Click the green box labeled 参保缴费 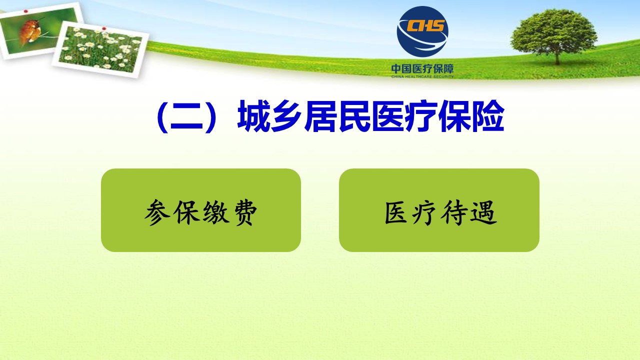coord(201,210)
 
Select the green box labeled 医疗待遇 coord(439,210)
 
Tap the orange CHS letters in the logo coord(425,25)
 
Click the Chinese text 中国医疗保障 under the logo coord(422,68)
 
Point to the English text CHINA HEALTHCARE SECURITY coord(422,76)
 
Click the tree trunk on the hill coord(557,58)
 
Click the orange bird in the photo coord(30,31)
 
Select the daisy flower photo coord(100,49)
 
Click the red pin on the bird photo coord(26,11)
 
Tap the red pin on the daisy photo coord(104,28)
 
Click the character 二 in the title coord(186,116)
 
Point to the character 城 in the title coord(253,116)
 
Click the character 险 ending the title coord(488,116)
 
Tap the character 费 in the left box coord(245,212)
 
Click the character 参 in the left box coord(157,212)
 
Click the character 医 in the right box coord(396,212)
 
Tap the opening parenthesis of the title coord(162,116)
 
